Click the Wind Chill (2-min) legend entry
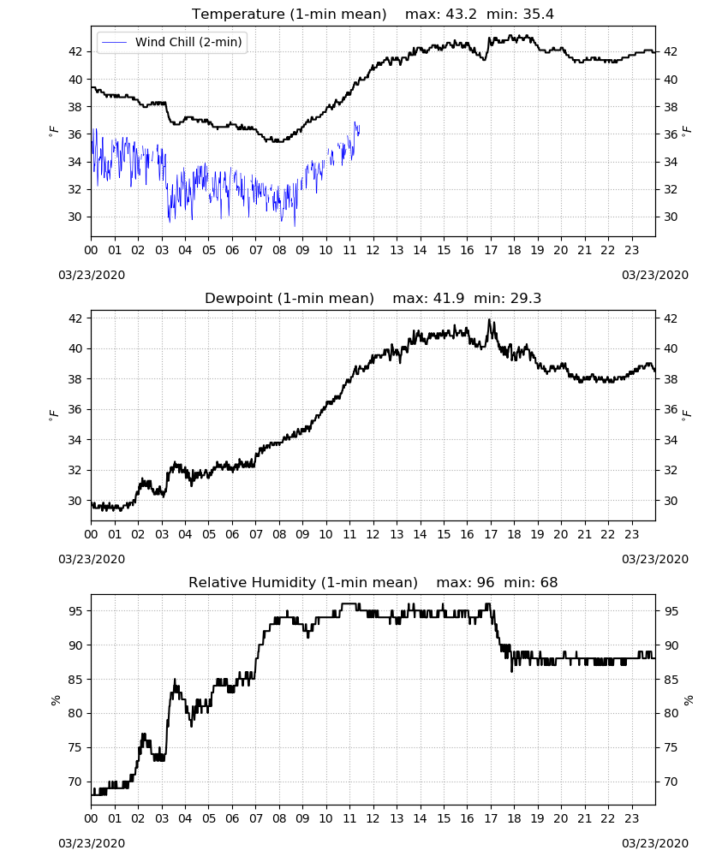coord(172,42)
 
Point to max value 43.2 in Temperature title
coord(462,14)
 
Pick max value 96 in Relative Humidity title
coord(486,582)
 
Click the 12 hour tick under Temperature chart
coord(373,250)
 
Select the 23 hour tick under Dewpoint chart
coord(631,534)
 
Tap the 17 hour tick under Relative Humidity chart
coord(491,818)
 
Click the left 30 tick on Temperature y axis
coord(75,217)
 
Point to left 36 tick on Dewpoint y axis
coord(75,409)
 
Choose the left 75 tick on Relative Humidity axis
coord(75,747)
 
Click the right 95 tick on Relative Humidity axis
coord(671,611)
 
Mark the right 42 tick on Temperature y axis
coord(671,51)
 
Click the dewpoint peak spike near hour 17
coord(490,320)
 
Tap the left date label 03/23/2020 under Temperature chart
coord(92,275)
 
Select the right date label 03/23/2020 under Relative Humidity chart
coord(655,843)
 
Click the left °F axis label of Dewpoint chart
coord(53,415)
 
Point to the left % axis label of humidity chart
coord(55,700)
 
